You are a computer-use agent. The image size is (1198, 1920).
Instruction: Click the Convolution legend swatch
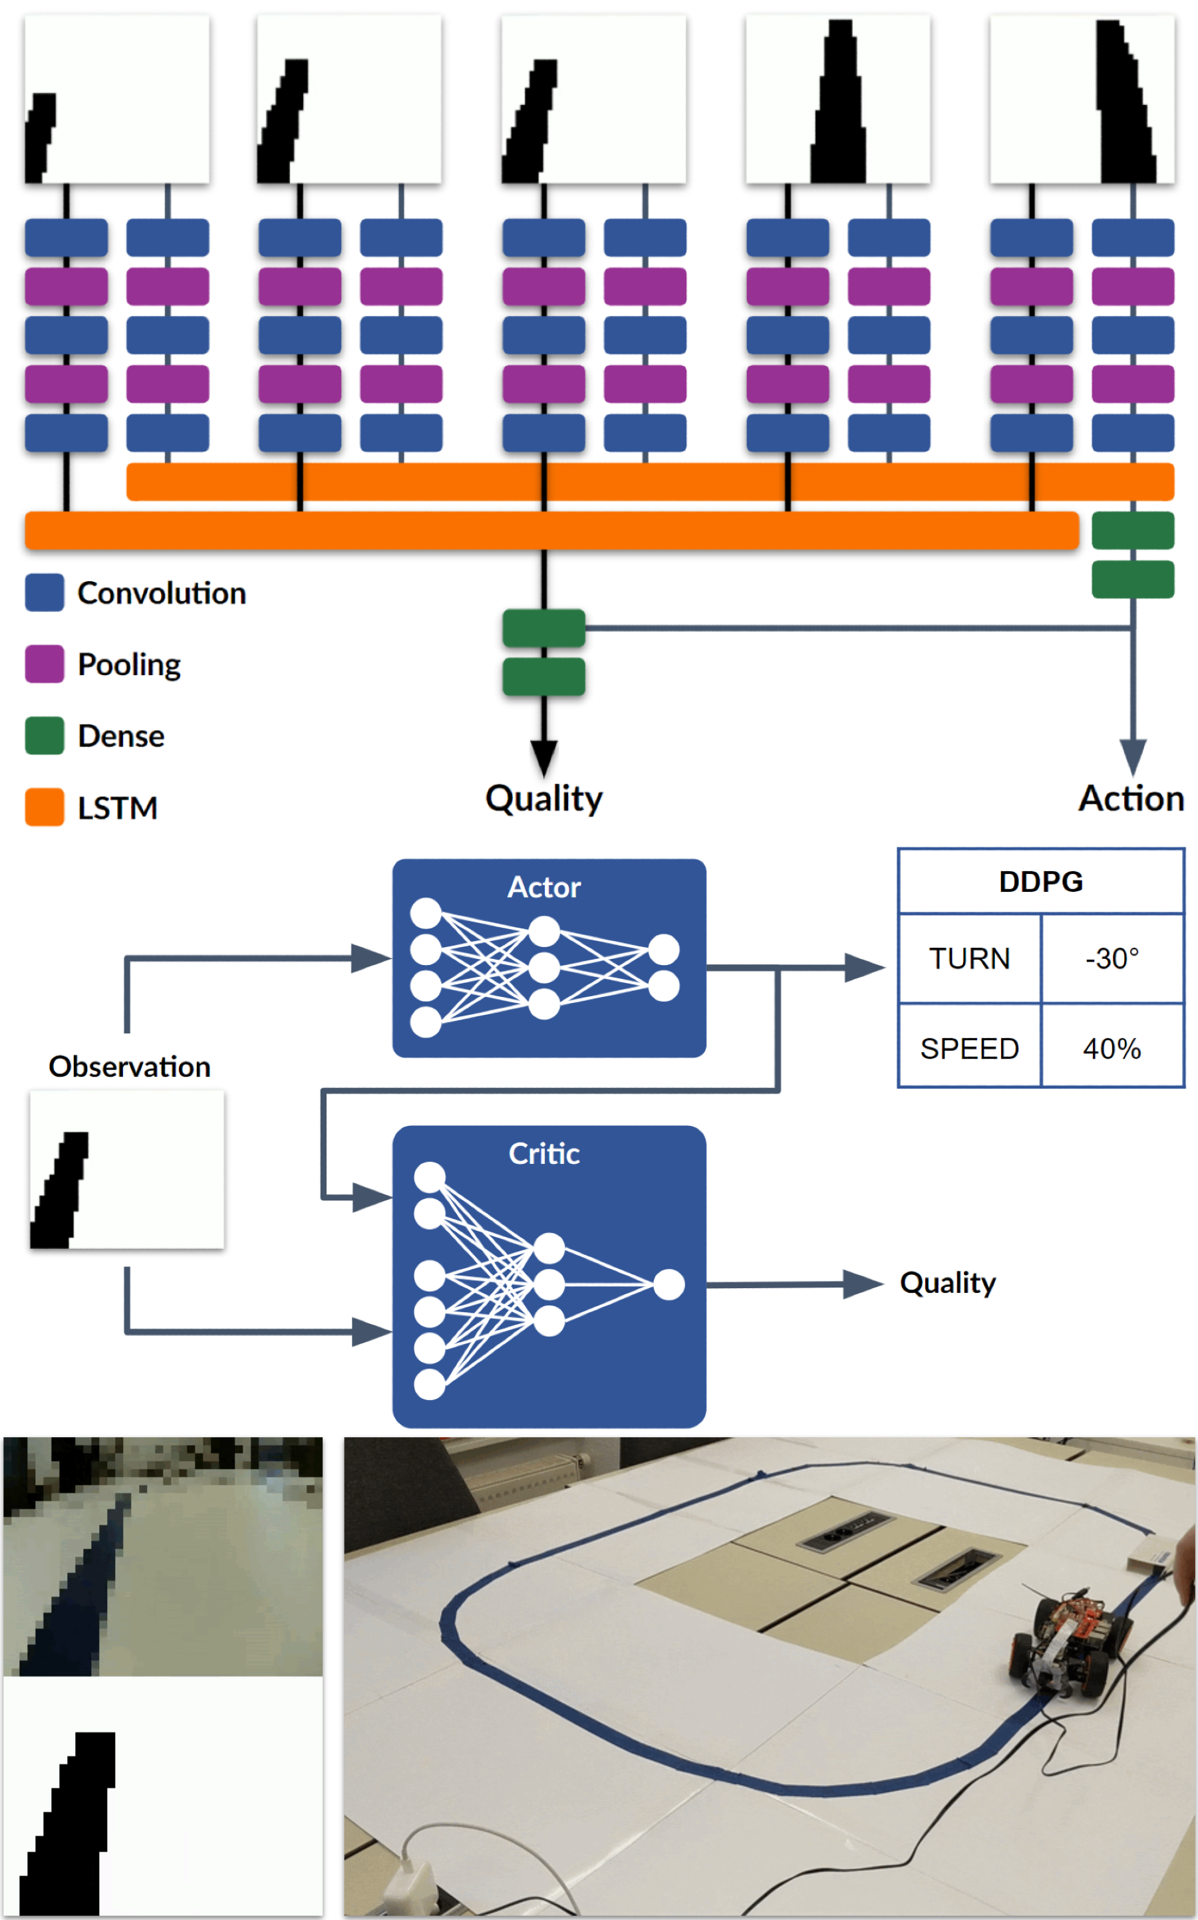(45, 593)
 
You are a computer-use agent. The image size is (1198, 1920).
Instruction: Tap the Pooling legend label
(129, 664)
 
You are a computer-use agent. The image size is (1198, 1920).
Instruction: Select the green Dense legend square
(45, 736)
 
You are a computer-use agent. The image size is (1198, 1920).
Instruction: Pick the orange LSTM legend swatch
(45, 807)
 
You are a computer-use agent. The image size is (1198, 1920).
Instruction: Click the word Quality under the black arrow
(543, 799)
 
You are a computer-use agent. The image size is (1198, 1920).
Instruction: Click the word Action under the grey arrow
(1131, 799)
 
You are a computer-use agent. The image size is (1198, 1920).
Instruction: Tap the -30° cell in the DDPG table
(1112, 958)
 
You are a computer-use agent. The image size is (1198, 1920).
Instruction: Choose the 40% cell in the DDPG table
(1112, 1049)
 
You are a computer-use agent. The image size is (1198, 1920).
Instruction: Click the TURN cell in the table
(969, 958)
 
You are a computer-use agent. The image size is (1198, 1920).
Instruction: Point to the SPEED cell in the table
(969, 1049)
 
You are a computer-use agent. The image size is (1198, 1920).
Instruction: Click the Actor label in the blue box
(543, 887)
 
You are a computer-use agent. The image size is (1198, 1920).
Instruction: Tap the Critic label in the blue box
(543, 1153)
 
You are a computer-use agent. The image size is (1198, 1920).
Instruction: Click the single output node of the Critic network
(669, 1285)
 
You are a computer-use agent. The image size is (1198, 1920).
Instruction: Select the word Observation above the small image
(129, 1066)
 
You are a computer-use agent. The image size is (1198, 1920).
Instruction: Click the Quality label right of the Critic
(948, 1282)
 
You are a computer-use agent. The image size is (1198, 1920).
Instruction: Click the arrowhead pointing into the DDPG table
(865, 967)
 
